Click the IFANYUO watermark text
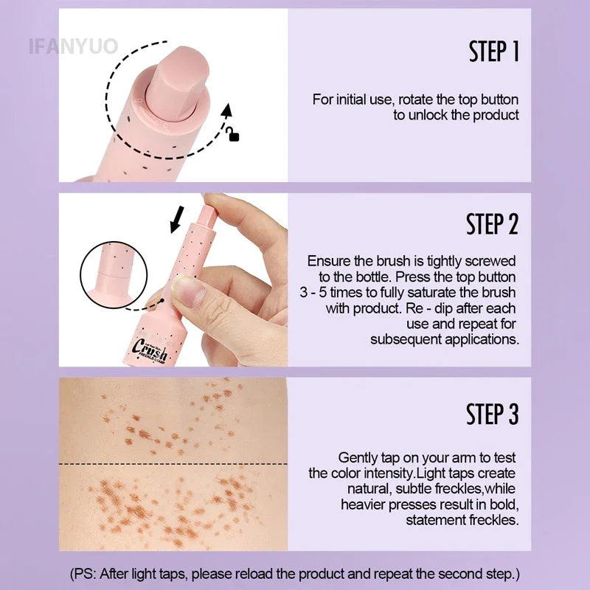(73, 46)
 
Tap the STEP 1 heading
(493, 52)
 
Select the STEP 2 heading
(492, 224)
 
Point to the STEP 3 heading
(492, 414)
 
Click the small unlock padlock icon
(234, 134)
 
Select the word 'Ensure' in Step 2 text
(327, 261)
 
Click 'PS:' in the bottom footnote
(89, 573)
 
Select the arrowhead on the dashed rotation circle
(227, 111)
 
